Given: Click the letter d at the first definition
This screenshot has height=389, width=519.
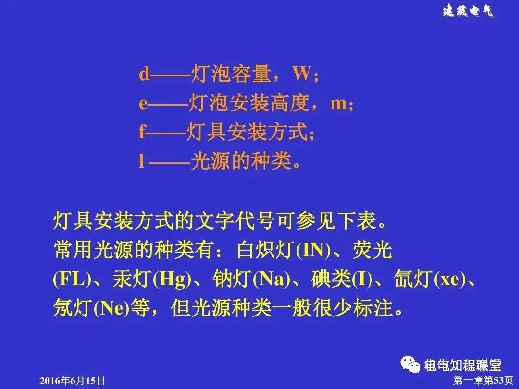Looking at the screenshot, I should coord(144,74).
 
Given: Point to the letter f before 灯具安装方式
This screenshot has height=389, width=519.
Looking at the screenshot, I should coord(142,132).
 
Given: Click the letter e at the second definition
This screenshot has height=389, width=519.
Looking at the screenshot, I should coord(144,104).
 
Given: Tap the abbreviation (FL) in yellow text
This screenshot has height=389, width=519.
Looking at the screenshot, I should coord(72,280).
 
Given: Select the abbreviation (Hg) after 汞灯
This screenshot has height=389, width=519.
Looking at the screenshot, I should coord(169,280).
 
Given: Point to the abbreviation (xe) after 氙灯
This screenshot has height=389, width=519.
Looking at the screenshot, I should coord(449,280).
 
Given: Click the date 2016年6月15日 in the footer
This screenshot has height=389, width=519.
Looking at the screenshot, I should coord(72,381).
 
